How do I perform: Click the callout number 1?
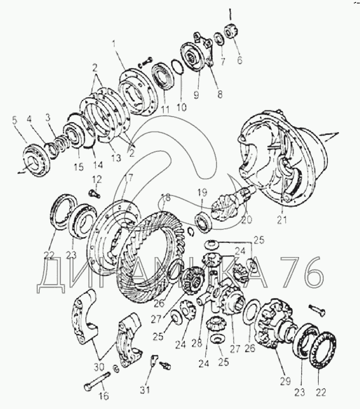pyautogui.click(x=114, y=44)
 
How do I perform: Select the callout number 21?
pyautogui.click(x=282, y=219)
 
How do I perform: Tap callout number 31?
pyautogui.click(x=145, y=390)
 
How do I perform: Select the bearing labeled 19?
pyautogui.click(x=204, y=221)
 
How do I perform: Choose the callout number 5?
pyautogui.click(x=14, y=121)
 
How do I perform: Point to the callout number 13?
pyautogui.click(x=116, y=158)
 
